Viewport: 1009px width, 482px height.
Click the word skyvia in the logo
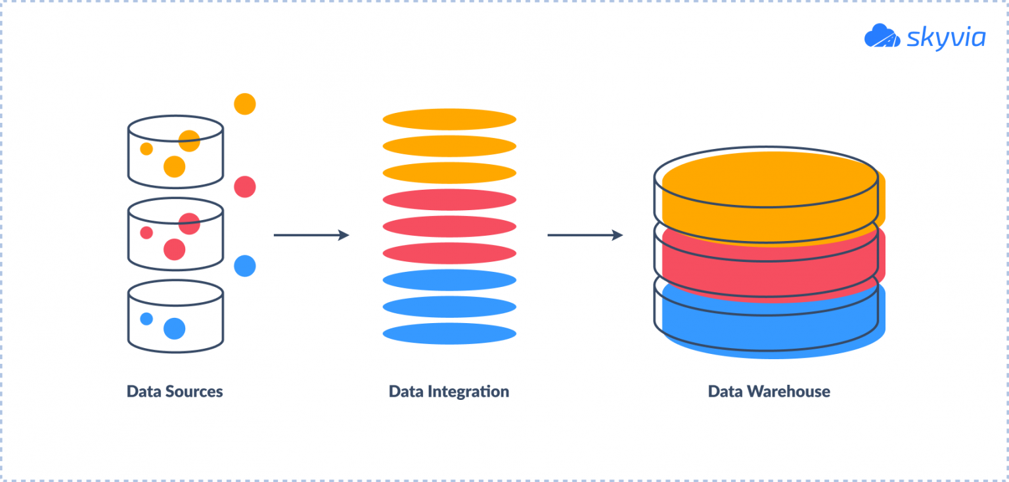946,37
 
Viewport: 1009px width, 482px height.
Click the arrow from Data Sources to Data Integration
311,234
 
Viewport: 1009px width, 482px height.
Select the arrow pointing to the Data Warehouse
585,234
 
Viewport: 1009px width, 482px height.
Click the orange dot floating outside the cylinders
244,104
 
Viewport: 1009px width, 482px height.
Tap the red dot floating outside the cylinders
244,186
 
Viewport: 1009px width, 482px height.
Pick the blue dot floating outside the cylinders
244,266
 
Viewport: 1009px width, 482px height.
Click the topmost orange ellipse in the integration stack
449,120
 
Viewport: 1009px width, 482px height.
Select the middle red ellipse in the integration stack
449,227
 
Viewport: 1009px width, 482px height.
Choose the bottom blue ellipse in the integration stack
449,333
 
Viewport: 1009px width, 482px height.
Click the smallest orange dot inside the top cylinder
146,149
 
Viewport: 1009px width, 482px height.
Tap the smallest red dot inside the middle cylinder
146,232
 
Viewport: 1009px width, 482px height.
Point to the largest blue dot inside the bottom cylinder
174,328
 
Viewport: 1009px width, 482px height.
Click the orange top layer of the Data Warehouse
769,190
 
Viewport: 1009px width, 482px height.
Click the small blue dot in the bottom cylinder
146,318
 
